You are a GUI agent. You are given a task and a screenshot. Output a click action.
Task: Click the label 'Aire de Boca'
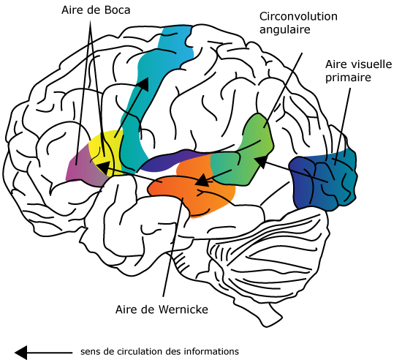pos(96,10)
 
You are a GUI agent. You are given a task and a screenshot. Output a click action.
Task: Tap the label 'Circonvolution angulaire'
pos(298,23)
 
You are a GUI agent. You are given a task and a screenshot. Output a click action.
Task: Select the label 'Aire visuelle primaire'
pos(358,71)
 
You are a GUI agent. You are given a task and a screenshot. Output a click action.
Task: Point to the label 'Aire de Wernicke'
pos(162,310)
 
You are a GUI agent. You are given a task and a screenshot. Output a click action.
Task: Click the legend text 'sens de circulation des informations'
pos(159,351)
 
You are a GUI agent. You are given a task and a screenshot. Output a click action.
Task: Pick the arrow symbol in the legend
pos(43,353)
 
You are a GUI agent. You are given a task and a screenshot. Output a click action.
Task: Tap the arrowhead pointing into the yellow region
pos(104,168)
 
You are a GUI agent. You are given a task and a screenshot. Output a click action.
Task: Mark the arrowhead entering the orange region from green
pos(202,179)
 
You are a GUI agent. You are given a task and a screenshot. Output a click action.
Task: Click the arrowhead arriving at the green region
pos(261,161)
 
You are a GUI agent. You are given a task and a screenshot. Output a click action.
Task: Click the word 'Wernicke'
pos(183,310)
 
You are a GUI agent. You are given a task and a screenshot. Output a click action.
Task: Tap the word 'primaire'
pos(348,78)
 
